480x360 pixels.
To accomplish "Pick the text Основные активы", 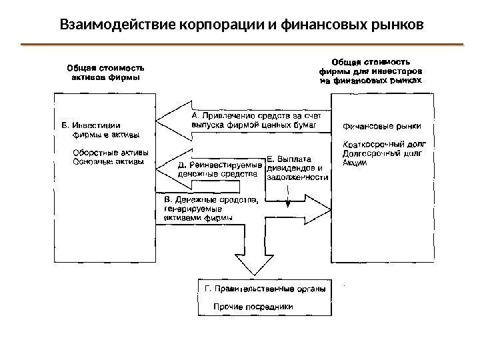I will [x=107, y=160].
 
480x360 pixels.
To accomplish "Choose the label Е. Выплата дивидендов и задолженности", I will [x=297, y=169].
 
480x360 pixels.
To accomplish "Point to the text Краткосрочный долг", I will [x=383, y=143].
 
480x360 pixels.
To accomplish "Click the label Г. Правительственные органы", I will [x=263, y=290].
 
